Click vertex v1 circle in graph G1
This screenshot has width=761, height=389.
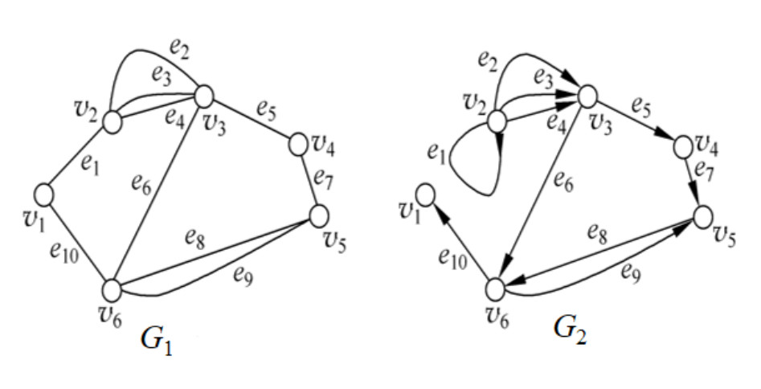(x=44, y=194)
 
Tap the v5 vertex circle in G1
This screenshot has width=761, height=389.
(x=319, y=215)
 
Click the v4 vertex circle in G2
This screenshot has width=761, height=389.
(x=684, y=147)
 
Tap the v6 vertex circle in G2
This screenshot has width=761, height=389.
(x=497, y=287)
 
